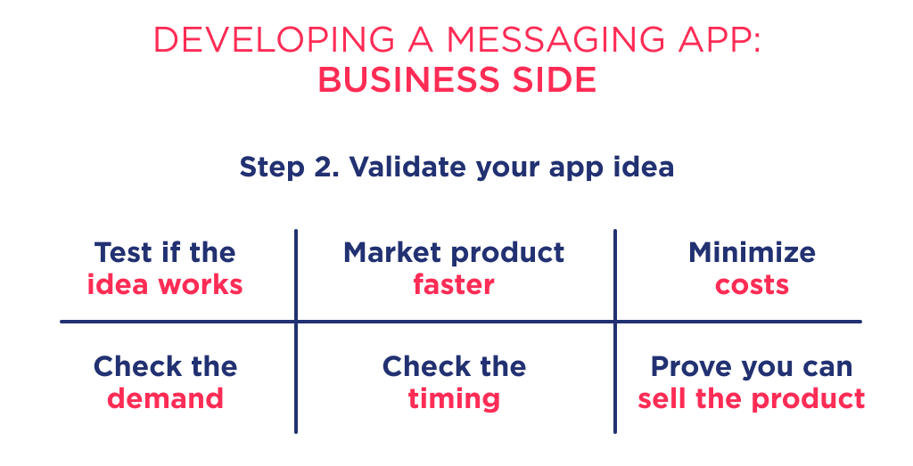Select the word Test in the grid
coord(123,252)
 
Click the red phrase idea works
coord(165,285)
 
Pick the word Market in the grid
coord(388,252)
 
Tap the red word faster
coord(454,285)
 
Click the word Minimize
coord(752,252)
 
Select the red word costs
coord(752,285)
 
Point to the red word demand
coord(165,398)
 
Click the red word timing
coord(454,398)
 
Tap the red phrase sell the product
coord(752,398)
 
